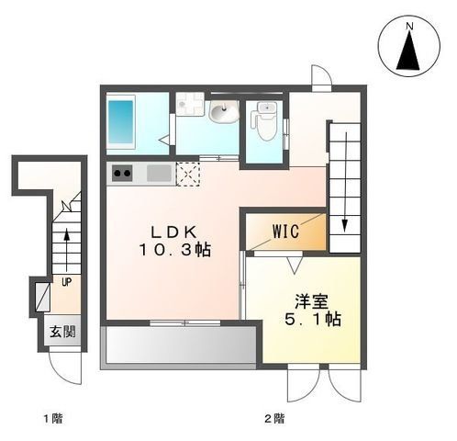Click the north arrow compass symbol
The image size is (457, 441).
click(x=408, y=45)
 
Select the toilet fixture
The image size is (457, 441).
click(x=266, y=121)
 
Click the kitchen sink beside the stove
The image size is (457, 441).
click(x=158, y=172)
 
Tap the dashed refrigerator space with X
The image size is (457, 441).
click(x=187, y=172)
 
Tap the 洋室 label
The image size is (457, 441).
click(x=307, y=300)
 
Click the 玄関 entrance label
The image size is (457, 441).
click(x=61, y=331)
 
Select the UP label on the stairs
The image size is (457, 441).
click(x=66, y=281)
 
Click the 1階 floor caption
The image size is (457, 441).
click(x=52, y=419)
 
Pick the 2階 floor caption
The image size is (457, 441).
click(x=273, y=419)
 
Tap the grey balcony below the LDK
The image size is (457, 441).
click(x=180, y=346)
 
